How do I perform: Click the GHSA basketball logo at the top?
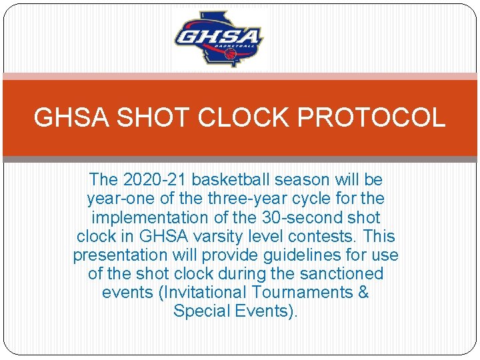219,40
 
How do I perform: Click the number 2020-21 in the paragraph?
150,180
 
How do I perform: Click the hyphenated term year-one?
117,199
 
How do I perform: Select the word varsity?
220,236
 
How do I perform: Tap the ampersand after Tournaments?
363,292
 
